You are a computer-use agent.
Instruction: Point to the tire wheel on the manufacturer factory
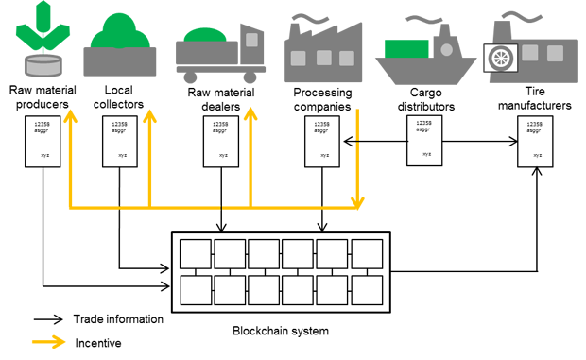(x=499, y=60)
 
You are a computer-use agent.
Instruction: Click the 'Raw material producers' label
(x=40, y=99)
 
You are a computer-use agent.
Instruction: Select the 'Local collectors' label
(x=123, y=99)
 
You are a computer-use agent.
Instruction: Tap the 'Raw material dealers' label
(x=220, y=99)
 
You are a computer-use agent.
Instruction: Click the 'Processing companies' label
(x=322, y=99)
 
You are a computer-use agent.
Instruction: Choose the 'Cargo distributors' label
(x=426, y=99)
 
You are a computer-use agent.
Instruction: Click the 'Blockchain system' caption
(x=279, y=331)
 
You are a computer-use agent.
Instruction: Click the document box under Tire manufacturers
(x=536, y=143)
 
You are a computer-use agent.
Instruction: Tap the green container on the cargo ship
(x=407, y=47)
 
